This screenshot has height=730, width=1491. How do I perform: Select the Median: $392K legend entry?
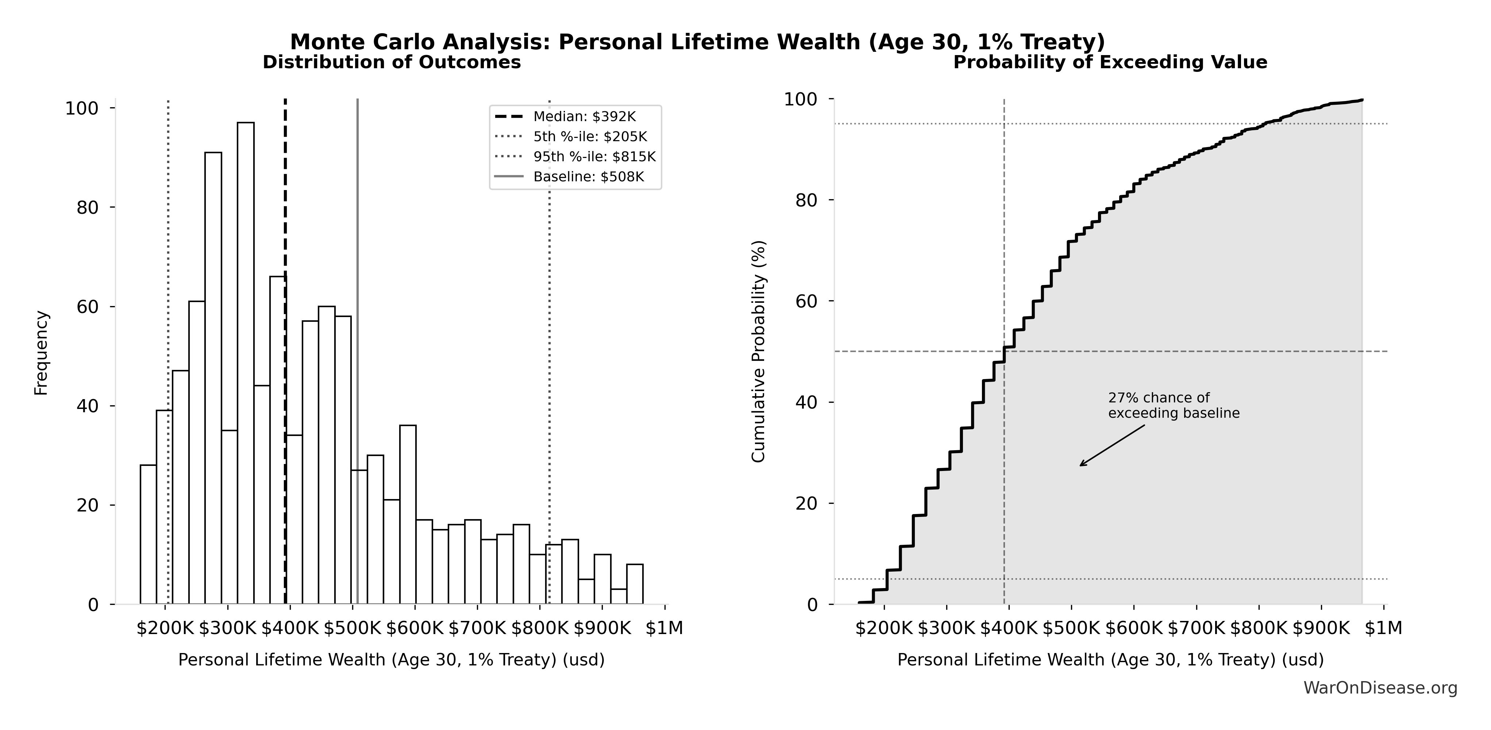pyautogui.click(x=584, y=117)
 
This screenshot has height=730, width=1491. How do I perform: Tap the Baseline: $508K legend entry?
pyautogui.click(x=588, y=177)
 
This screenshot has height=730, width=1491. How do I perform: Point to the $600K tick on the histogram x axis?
pyautogui.click(x=415, y=628)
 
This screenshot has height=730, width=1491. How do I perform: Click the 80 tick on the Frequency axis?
pyautogui.click(x=88, y=208)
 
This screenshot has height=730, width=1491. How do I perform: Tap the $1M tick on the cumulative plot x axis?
pyautogui.click(x=1383, y=628)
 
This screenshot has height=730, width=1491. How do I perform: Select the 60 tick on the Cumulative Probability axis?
pyautogui.click(x=808, y=301)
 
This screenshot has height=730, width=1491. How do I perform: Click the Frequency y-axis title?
pyautogui.click(x=42, y=353)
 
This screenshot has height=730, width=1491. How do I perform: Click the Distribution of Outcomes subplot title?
pyautogui.click(x=392, y=62)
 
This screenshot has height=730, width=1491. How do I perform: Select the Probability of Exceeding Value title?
pyautogui.click(x=1110, y=62)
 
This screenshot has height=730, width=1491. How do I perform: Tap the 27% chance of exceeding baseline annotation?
pyautogui.click(x=1173, y=405)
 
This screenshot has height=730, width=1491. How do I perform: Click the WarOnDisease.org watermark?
pyautogui.click(x=1380, y=688)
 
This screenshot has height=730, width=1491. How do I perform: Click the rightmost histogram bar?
pyautogui.click(x=634, y=584)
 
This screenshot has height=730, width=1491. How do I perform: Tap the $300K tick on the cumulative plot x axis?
pyautogui.click(x=946, y=628)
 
